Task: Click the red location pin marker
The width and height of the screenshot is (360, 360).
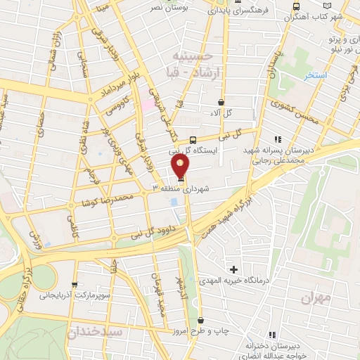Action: (181, 165)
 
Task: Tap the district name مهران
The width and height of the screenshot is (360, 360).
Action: (316, 297)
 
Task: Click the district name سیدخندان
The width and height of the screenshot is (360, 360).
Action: (95, 330)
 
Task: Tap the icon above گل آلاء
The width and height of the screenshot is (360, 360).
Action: (221, 102)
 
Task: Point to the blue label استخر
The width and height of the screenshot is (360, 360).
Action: (316, 76)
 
